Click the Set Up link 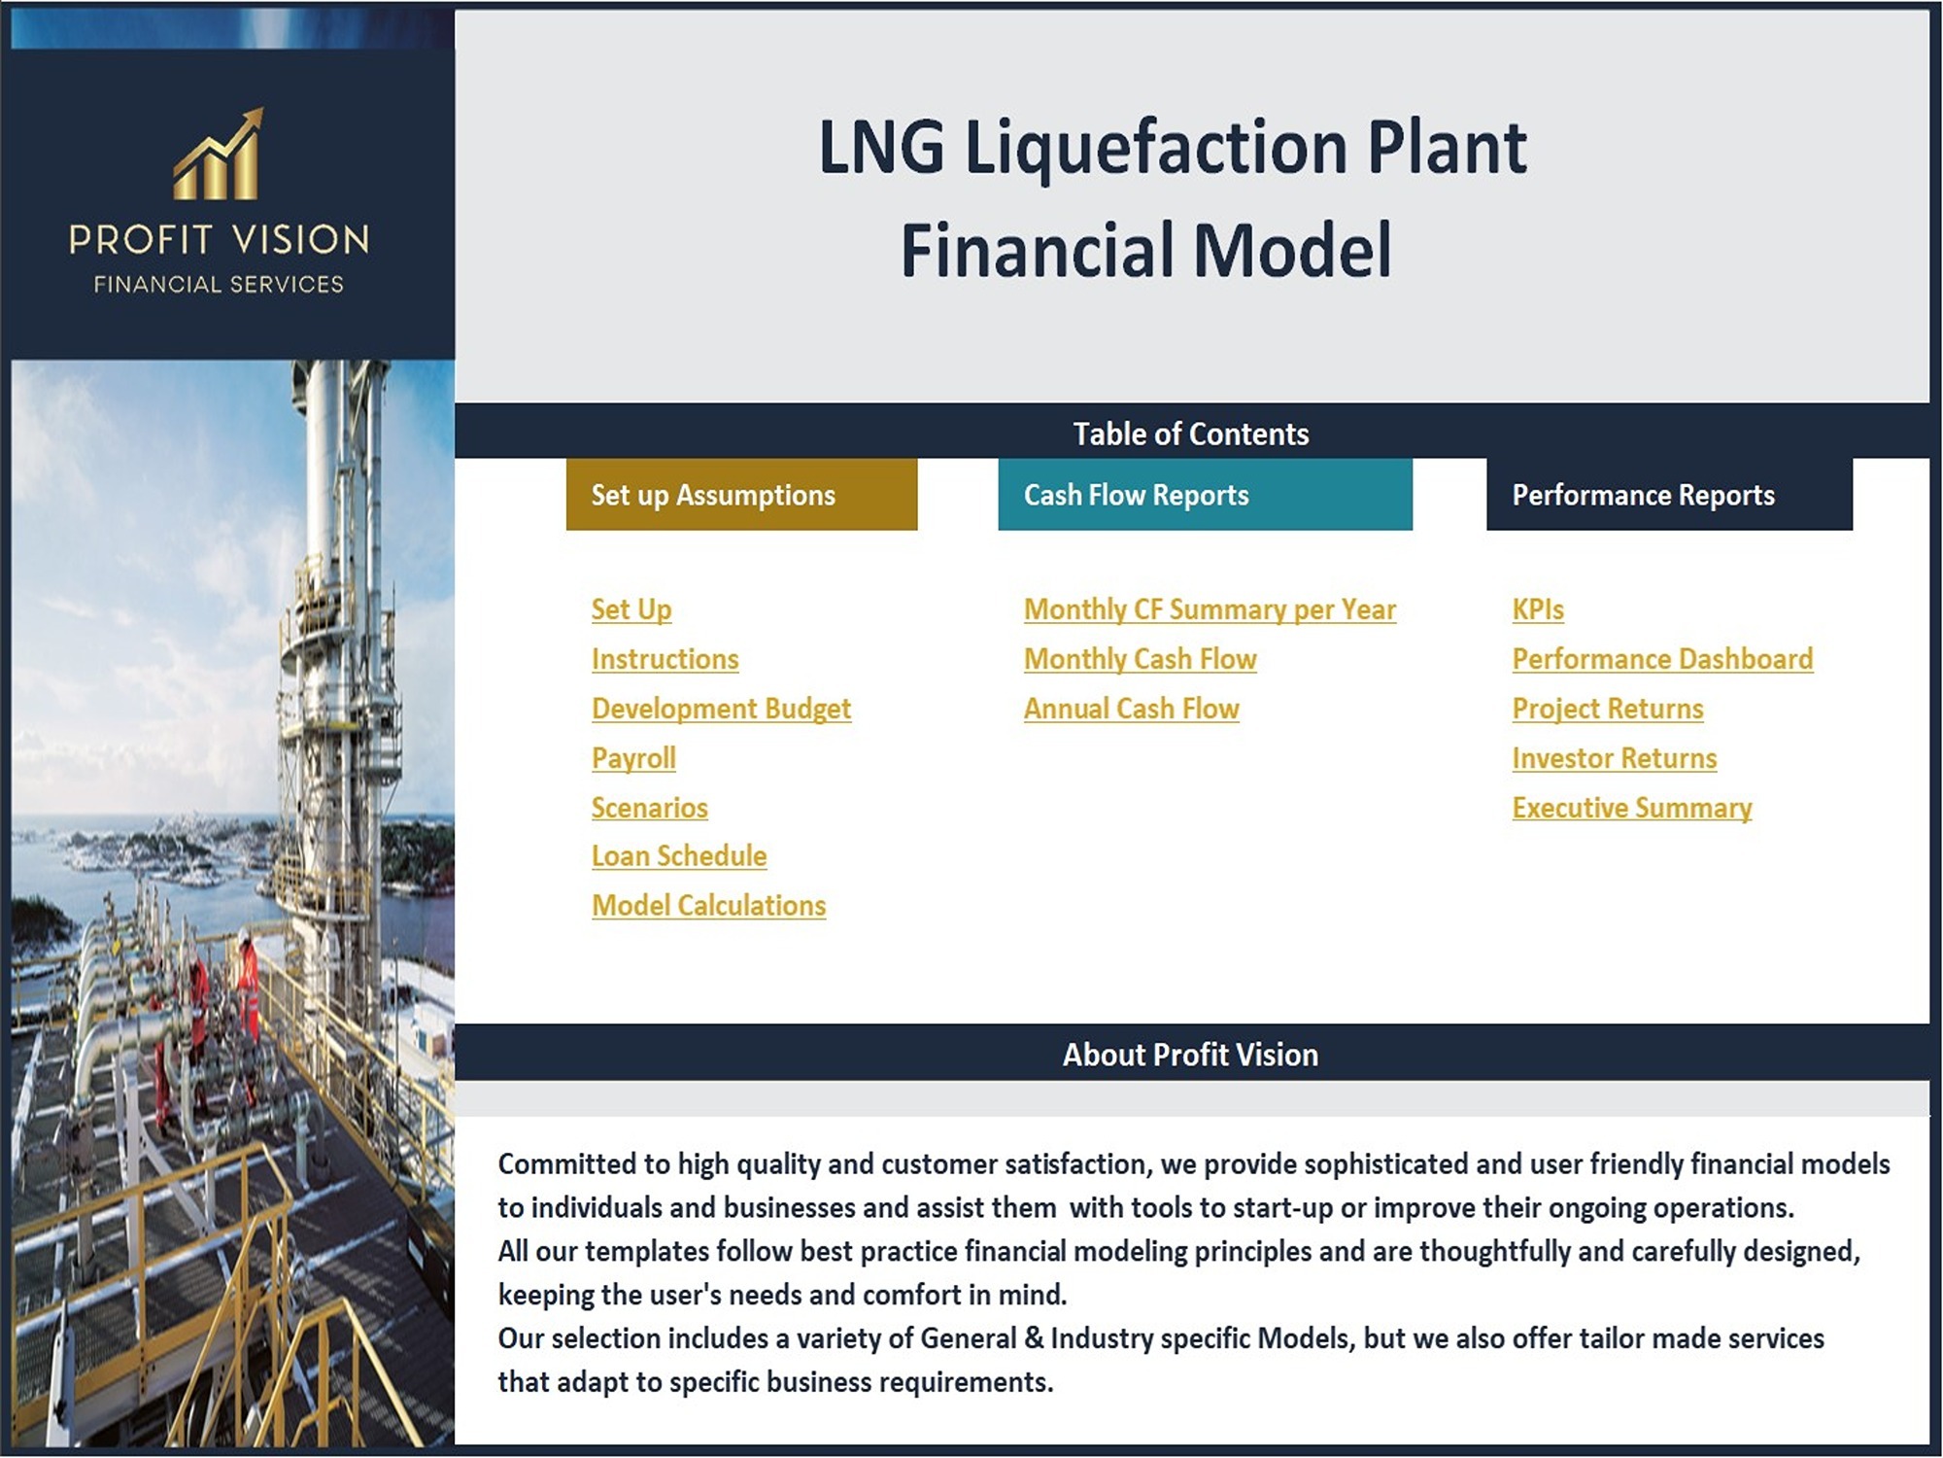[631, 609]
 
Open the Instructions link [665, 659]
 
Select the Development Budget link [722, 709]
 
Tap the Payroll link [633, 758]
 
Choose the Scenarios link [650, 808]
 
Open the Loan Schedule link [679, 856]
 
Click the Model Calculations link [709, 906]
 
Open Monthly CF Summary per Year [1210, 609]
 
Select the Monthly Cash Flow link [1141, 659]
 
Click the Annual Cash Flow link [1132, 709]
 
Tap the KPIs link [1538, 609]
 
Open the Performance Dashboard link [1662, 659]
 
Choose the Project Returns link [1608, 709]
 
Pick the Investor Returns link [1615, 758]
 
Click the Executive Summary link [1632, 808]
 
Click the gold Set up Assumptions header [742, 495]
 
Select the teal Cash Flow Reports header [1206, 495]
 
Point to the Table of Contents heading [1191, 434]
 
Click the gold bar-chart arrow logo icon [219, 154]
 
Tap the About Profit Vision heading [1190, 1055]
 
